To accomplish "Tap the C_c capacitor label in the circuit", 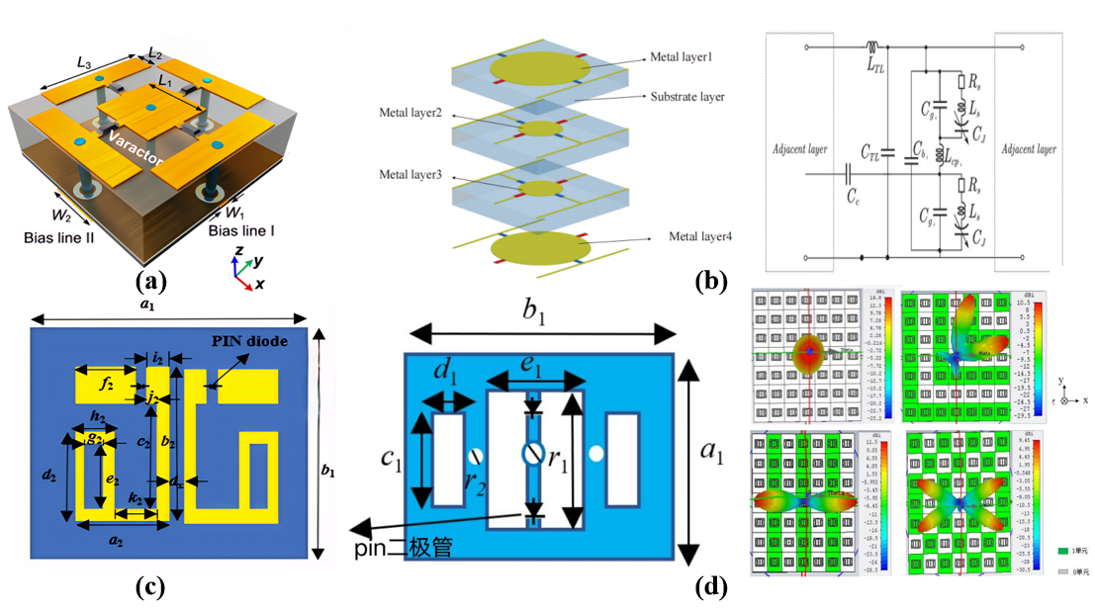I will tap(852, 197).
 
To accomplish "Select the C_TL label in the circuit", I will tap(871, 153).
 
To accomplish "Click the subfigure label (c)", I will tap(150, 586).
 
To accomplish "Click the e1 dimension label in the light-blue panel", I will tap(534, 363).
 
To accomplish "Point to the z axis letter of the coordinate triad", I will tap(237, 251).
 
